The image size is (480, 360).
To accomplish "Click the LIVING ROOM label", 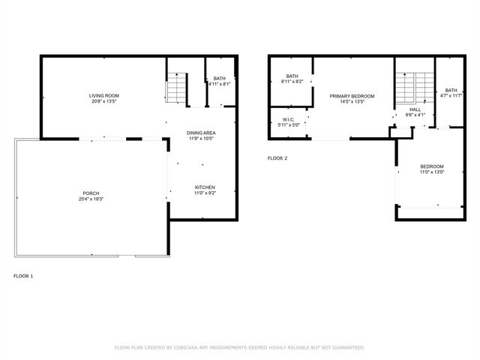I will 104,96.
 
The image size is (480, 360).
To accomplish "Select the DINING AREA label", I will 201,133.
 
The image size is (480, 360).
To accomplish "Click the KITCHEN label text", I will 205,187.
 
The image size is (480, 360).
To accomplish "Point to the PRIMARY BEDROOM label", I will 352,96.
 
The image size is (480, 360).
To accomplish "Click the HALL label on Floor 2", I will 415,109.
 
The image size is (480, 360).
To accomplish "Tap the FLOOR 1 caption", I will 23,276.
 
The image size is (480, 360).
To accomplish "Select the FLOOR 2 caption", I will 277,158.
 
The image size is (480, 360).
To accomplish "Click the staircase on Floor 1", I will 177,88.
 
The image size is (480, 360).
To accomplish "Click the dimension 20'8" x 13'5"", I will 104,102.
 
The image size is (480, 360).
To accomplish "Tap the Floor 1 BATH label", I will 219,78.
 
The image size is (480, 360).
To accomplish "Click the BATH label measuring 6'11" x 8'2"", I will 292,76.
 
